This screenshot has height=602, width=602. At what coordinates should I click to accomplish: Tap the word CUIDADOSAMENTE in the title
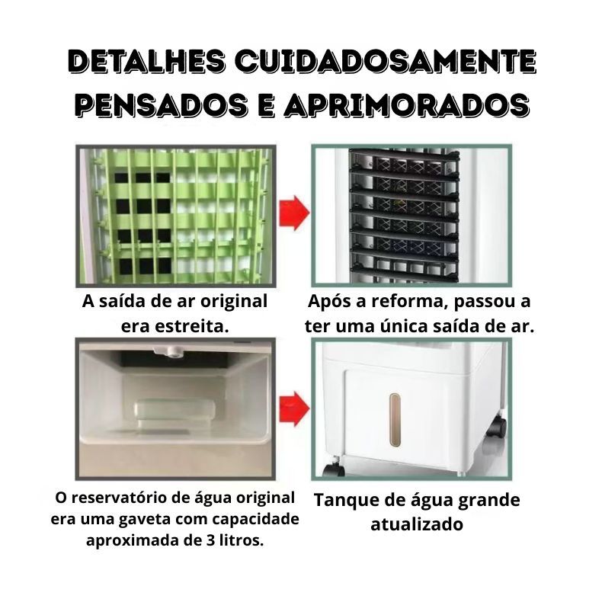(x=385, y=62)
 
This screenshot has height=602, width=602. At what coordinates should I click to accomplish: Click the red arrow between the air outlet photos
(x=293, y=213)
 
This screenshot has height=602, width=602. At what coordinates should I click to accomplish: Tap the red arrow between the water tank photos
(x=293, y=408)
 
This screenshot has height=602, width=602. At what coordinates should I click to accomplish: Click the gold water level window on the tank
(x=395, y=420)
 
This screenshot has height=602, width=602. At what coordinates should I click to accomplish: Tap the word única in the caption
(x=405, y=326)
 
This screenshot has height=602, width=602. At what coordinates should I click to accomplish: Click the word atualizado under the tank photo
(x=417, y=524)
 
